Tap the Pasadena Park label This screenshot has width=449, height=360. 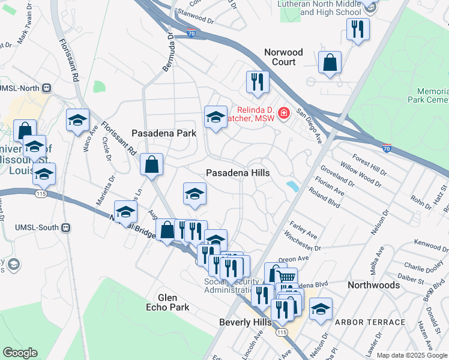164,133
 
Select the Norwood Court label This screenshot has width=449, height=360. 284,57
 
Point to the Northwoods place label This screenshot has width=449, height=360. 373,285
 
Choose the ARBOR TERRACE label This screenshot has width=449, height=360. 370,322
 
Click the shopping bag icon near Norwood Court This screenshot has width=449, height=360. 330,62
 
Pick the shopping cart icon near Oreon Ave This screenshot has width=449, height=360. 287,277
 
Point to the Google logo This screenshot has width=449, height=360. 19,353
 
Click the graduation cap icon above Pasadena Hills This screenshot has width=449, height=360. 215,117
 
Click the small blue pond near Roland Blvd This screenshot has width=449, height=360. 293,187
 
